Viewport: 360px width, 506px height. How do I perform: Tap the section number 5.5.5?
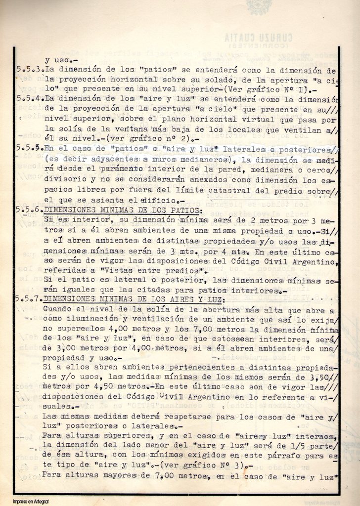29,148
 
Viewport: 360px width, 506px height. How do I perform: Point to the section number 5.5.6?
29,210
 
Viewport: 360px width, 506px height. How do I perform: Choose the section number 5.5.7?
29,299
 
